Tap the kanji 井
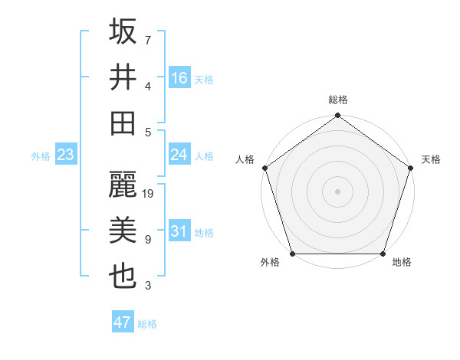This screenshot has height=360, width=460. tap(123, 77)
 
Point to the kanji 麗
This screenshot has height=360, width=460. tap(123, 185)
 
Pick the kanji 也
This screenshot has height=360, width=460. tap(123, 276)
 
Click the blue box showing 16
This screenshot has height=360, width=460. tap(179, 77)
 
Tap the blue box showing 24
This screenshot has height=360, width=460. tap(179, 155)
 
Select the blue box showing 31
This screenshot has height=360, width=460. tap(179, 231)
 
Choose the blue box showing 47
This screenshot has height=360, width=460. tap(123, 322)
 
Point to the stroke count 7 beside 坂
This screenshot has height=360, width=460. tap(148, 39)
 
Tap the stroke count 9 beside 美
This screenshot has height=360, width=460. tap(148, 240)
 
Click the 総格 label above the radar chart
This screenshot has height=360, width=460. tap(338, 100)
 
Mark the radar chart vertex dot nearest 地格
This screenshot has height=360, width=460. tap(383, 253)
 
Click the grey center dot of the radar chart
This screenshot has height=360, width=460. tap(338, 191)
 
